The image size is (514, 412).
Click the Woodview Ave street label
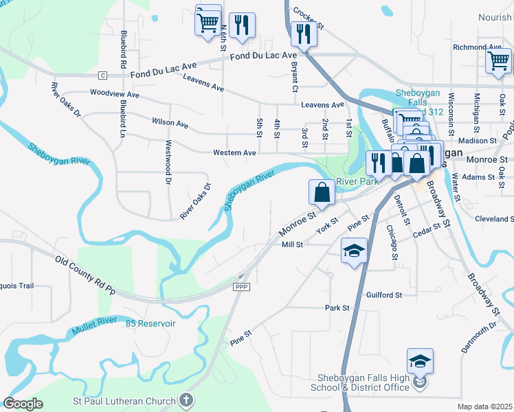[x=115, y=93]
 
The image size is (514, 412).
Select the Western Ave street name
[x=234, y=152]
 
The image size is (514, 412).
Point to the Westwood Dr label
[x=168, y=163]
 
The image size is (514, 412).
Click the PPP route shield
[x=241, y=287]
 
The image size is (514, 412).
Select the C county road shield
[x=102, y=74]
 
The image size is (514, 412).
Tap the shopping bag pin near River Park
[x=322, y=192]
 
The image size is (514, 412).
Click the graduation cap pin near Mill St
[x=354, y=251]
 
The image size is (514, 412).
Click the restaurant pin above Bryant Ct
[x=302, y=33]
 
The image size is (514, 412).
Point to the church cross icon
[x=186, y=400]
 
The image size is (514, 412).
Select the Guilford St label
[x=383, y=295]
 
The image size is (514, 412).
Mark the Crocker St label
[x=307, y=12]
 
